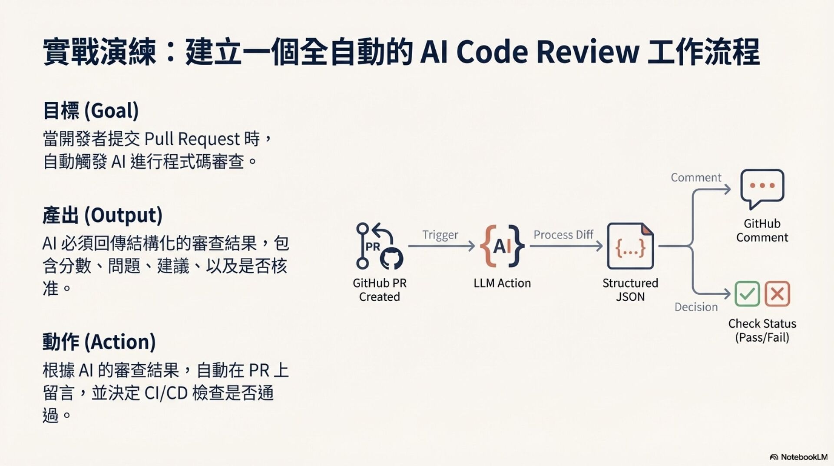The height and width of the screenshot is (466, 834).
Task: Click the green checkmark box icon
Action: [x=747, y=294]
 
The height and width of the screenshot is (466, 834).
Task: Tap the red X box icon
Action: [x=777, y=294]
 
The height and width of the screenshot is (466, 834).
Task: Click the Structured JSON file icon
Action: [x=630, y=246]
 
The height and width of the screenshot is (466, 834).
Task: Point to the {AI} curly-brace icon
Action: [x=502, y=246]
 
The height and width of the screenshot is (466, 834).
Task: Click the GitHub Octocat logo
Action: [x=391, y=258]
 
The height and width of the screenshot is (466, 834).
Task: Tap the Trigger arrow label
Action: [x=440, y=235]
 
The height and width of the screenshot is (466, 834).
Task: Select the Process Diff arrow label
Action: [x=563, y=235]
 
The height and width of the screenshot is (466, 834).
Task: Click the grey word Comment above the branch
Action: [x=696, y=177]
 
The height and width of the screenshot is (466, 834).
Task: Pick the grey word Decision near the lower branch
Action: [x=696, y=307]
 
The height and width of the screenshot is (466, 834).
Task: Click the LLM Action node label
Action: [x=502, y=283]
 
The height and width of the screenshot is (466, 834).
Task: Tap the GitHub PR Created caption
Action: [x=380, y=290]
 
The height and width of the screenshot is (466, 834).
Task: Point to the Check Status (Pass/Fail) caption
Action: [x=762, y=330]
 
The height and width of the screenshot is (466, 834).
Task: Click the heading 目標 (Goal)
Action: [x=91, y=110]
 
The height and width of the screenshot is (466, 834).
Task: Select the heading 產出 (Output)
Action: [x=103, y=215]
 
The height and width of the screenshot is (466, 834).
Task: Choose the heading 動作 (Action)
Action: [x=99, y=342]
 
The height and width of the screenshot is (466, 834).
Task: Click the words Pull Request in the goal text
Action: [x=192, y=139]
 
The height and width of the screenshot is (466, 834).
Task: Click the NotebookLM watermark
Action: [x=799, y=457]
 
